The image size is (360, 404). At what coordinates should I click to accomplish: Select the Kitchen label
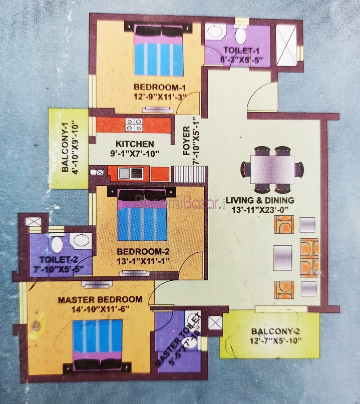[x=134, y=144]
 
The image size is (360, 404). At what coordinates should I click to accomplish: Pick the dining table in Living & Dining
[x=272, y=169]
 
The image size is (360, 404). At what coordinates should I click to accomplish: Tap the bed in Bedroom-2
[x=142, y=214]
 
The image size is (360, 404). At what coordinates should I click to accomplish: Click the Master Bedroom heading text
[x=100, y=300]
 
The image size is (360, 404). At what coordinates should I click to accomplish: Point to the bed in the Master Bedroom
[x=97, y=345]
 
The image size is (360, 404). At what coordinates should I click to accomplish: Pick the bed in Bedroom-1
[x=159, y=50]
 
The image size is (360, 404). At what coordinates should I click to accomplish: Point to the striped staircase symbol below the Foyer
[x=190, y=174]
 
